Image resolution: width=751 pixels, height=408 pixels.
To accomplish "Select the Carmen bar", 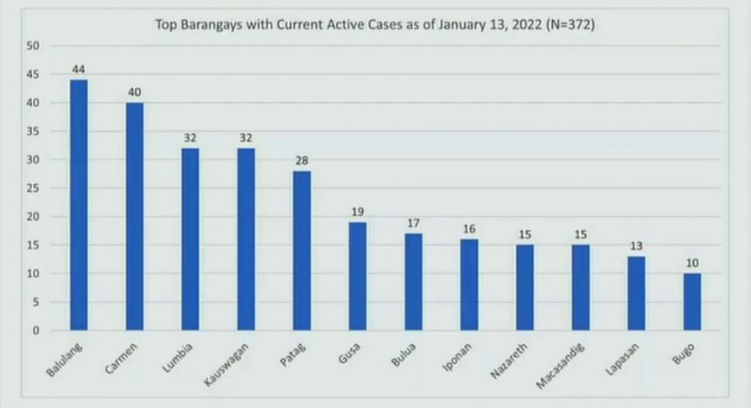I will pyautogui.click(x=135, y=217).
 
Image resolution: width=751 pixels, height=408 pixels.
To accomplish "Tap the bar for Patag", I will pyautogui.click(x=301, y=250).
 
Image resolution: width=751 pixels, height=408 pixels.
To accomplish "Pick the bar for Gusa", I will pyautogui.click(x=358, y=276).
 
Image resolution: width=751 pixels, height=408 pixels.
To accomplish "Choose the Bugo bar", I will pyautogui.click(x=692, y=302).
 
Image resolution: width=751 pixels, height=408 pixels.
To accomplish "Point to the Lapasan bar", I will pyautogui.click(x=636, y=294).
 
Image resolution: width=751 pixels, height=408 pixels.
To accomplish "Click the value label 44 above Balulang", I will pyautogui.click(x=79, y=69).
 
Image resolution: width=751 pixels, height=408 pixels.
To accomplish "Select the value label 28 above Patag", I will pyautogui.click(x=301, y=160).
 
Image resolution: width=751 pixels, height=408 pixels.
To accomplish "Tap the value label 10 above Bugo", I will pyautogui.click(x=692, y=264).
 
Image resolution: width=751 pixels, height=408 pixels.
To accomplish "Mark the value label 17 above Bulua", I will pyautogui.click(x=413, y=223).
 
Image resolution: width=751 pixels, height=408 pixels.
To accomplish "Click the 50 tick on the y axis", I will pyautogui.click(x=33, y=46).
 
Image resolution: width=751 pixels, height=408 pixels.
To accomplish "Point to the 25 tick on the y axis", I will pyautogui.click(x=33, y=189).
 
